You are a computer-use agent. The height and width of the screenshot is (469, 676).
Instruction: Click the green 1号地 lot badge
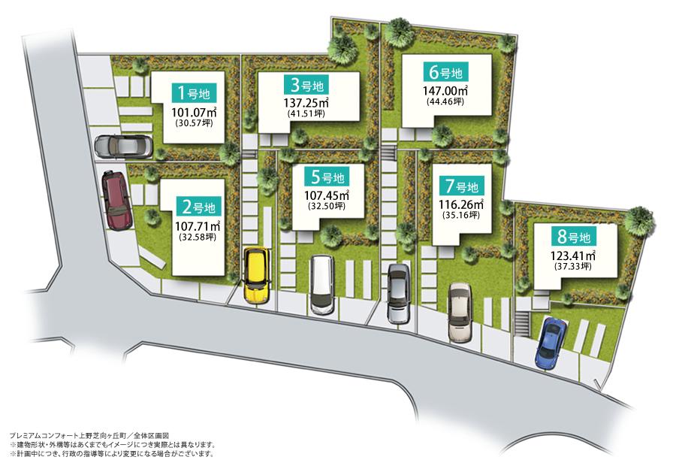[x=195, y=93]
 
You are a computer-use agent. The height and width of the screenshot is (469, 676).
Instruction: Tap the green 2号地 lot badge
[x=199, y=206]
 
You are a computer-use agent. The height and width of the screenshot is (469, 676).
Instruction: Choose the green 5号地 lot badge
[x=327, y=177]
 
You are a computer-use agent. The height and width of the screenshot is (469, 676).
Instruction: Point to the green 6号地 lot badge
[x=445, y=73]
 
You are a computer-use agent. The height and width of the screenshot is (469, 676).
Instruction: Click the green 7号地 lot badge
[x=460, y=186]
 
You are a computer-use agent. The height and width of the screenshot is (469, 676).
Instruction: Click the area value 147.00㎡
[x=445, y=90]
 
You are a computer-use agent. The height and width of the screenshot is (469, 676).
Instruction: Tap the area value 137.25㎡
[x=307, y=102]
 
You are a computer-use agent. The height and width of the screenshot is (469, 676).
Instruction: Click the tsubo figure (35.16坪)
[x=460, y=214]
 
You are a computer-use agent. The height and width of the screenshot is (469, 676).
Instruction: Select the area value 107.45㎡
[x=327, y=195]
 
